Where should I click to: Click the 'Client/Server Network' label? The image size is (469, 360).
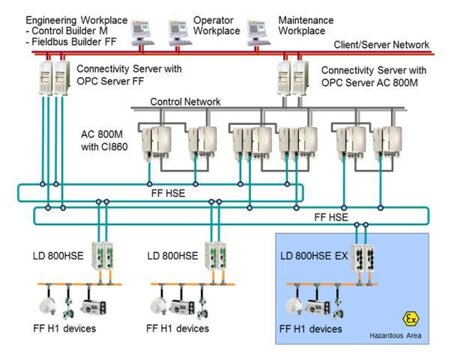381,45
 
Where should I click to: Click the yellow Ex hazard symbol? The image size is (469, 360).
410,318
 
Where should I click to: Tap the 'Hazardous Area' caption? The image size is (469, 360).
395,336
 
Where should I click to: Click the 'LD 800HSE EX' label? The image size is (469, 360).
315,256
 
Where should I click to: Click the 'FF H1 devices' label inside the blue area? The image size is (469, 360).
310,329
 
